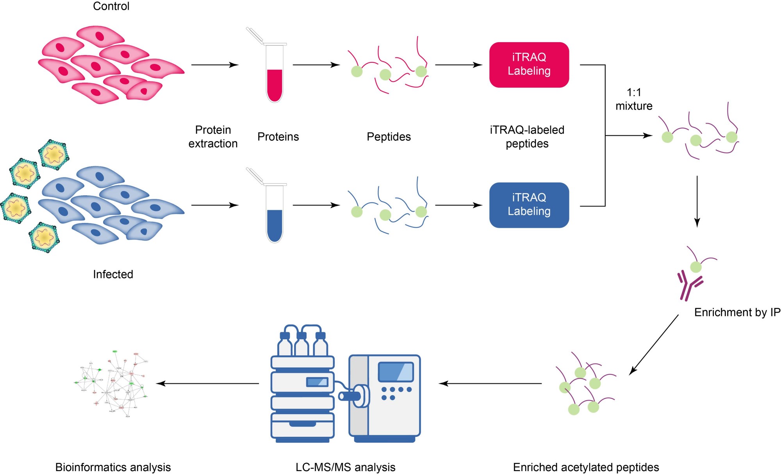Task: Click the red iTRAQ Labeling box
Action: click(529, 65)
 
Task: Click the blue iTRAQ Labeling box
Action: click(529, 205)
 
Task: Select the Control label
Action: click(111, 6)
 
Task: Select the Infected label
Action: click(113, 274)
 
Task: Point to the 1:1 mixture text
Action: click(634, 99)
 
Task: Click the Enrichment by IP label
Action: click(737, 312)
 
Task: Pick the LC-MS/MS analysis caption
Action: click(345, 467)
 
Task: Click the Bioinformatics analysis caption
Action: click(113, 467)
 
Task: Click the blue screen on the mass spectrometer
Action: click(396, 372)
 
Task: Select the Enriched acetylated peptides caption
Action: click(586, 467)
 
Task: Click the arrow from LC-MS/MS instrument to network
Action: click(207, 383)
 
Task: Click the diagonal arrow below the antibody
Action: click(654, 345)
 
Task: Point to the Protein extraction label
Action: click(213, 136)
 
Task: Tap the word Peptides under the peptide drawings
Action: click(389, 136)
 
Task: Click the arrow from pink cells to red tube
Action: click(215, 65)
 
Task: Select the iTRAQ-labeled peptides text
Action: click(527, 136)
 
